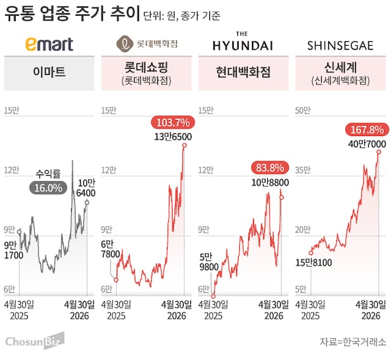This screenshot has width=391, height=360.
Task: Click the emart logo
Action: point(50,44)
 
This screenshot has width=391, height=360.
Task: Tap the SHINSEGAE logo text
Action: point(341,46)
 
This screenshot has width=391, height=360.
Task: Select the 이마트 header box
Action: point(49,72)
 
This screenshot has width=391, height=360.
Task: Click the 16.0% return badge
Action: point(48,188)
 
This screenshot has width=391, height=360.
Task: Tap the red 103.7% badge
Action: point(171,122)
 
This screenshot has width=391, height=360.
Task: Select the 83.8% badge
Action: point(270,168)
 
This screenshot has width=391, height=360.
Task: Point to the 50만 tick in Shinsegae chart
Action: point(302,110)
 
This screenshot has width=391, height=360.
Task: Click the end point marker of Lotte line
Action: point(184,145)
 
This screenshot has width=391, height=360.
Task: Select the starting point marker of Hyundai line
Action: point(213,295)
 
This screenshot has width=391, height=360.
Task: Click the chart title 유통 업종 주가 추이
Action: point(63,14)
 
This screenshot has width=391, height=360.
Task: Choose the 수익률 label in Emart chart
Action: point(48,173)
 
